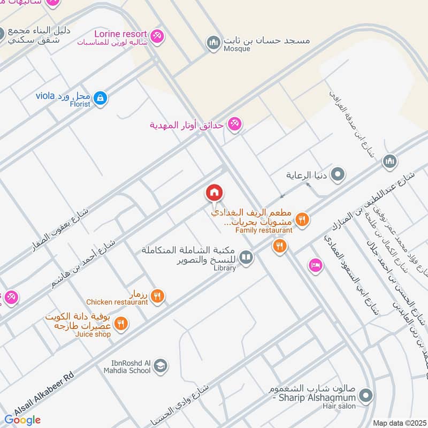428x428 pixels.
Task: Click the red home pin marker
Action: pos(215,193)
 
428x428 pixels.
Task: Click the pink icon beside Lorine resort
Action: pos(157,36)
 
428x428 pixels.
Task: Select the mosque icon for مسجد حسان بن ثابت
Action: pos(214,42)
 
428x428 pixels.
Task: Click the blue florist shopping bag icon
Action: pos(100,98)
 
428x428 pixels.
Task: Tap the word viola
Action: pos(45,96)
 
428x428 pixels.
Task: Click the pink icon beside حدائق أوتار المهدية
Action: pos(234,125)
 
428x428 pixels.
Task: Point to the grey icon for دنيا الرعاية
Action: pos(338,174)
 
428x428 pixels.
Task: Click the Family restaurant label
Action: pos(264,230)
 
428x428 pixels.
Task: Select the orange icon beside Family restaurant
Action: pos(302,219)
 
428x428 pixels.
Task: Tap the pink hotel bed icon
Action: pos(315,265)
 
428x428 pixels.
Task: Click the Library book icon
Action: pos(246,258)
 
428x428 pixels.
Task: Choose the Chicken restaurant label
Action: pos(117,302)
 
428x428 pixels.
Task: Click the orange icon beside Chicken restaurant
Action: pos(157,295)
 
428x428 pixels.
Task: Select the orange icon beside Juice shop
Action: pos(121,324)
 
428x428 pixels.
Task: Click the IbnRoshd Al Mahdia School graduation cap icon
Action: pos(160,366)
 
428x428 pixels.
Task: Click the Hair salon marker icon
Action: pos(366,396)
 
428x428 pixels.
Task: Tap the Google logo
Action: pos(23,420)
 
